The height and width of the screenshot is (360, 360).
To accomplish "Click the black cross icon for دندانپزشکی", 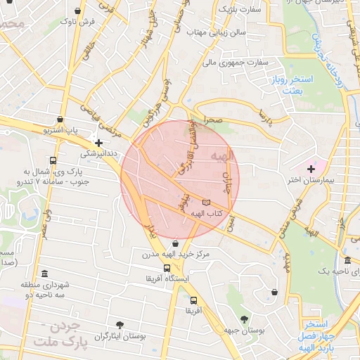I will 108,142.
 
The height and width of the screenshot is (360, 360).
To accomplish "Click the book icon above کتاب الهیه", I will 205,204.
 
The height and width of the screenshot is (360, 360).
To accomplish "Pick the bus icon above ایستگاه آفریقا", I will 167,268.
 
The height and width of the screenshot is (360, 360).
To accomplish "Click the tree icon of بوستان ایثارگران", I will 120,324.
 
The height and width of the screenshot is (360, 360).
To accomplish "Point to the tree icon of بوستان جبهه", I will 244,319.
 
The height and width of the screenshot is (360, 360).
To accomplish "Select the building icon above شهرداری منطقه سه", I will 45,274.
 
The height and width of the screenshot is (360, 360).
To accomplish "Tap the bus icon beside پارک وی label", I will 54,160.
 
